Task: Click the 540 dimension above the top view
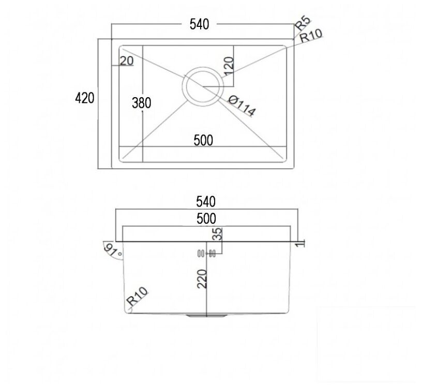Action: click(x=199, y=24)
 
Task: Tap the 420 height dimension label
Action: click(x=84, y=98)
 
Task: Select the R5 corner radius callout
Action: click(x=303, y=23)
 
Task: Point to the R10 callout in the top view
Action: click(x=311, y=36)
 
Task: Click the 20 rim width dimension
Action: click(x=127, y=61)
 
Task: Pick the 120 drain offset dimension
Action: click(x=229, y=66)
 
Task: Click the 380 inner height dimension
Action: click(x=142, y=103)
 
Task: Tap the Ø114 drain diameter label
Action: click(x=242, y=106)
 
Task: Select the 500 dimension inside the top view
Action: click(x=203, y=141)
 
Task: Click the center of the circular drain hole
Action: click(x=203, y=87)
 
